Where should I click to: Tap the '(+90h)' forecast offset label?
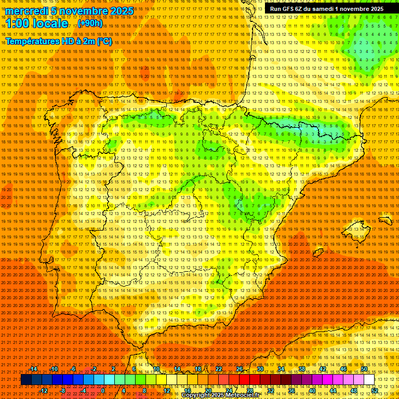[x=90, y=23]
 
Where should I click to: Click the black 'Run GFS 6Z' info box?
[x=327, y=9]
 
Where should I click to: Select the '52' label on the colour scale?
[x=375, y=391]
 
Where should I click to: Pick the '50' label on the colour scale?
[x=364, y=369]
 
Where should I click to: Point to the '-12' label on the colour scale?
[x=44, y=391]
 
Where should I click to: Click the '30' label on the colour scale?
[x=260, y=369]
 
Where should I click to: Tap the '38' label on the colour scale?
[x=302, y=369]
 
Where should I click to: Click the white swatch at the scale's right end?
[x=369, y=380]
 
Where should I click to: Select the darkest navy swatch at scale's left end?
[x=26, y=380]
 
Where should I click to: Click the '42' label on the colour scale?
[x=323, y=369]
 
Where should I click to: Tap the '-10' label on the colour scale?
[x=54, y=369]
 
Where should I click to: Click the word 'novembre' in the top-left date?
[x=83, y=11]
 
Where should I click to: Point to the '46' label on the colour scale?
[x=343, y=369]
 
